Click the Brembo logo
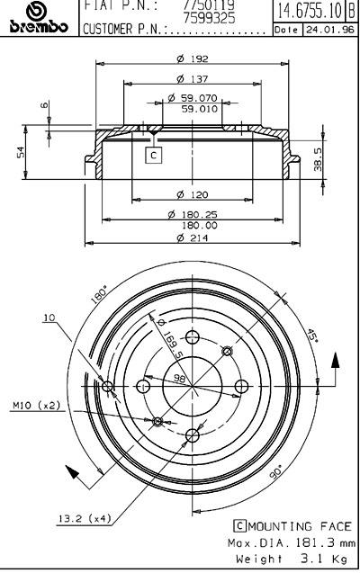coord(39,18)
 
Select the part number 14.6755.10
coord(309,10)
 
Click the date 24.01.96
coord(330,30)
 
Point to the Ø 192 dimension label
coord(193,58)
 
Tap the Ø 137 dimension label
coord(193,78)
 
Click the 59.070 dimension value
coord(200,98)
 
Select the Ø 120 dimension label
coord(193,195)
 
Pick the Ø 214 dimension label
coord(193,237)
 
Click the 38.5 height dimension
coord(318,159)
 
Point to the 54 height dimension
coord(22,152)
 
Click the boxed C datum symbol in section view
coord(154,155)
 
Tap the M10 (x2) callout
coord(36,406)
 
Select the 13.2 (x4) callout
coord(85,518)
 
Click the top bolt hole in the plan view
coord(193,337)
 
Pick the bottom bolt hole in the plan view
coord(193,434)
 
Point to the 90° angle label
coord(276,471)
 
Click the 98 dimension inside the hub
coord(179,379)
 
